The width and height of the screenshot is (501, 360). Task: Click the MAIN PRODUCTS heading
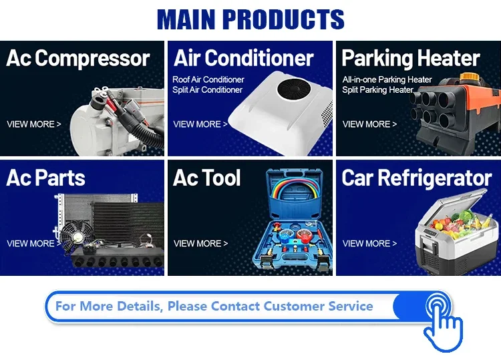click(x=251, y=19)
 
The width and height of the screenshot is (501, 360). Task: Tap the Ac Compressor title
click(x=78, y=58)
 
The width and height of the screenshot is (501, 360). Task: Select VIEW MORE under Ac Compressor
click(x=34, y=124)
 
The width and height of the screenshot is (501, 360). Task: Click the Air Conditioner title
click(x=243, y=58)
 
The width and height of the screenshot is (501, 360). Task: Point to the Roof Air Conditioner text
click(x=208, y=79)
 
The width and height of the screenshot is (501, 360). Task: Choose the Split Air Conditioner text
click(x=207, y=89)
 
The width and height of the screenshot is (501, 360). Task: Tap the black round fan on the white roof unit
click(x=294, y=89)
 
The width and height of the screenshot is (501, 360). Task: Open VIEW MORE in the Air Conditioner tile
click(x=200, y=124)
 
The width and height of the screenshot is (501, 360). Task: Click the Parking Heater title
click(x=411, y=59)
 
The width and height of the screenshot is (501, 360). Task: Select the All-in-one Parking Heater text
click(x=387, y=79)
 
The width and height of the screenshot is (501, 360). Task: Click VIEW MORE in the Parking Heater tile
click(x=369, y=124)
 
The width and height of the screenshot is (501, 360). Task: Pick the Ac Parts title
click(x=45, y=178)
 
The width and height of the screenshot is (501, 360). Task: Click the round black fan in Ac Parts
click(x=77, y=236)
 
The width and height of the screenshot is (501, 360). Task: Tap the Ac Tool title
click(x=206, y=178)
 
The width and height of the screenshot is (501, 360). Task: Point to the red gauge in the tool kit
click(x=304, y=235)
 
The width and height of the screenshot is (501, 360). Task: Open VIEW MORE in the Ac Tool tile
click(x=200, y=243)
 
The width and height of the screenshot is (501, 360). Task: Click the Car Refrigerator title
click(x=417, y=178)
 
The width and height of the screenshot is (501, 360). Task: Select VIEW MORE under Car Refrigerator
click(x=369, y=243)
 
